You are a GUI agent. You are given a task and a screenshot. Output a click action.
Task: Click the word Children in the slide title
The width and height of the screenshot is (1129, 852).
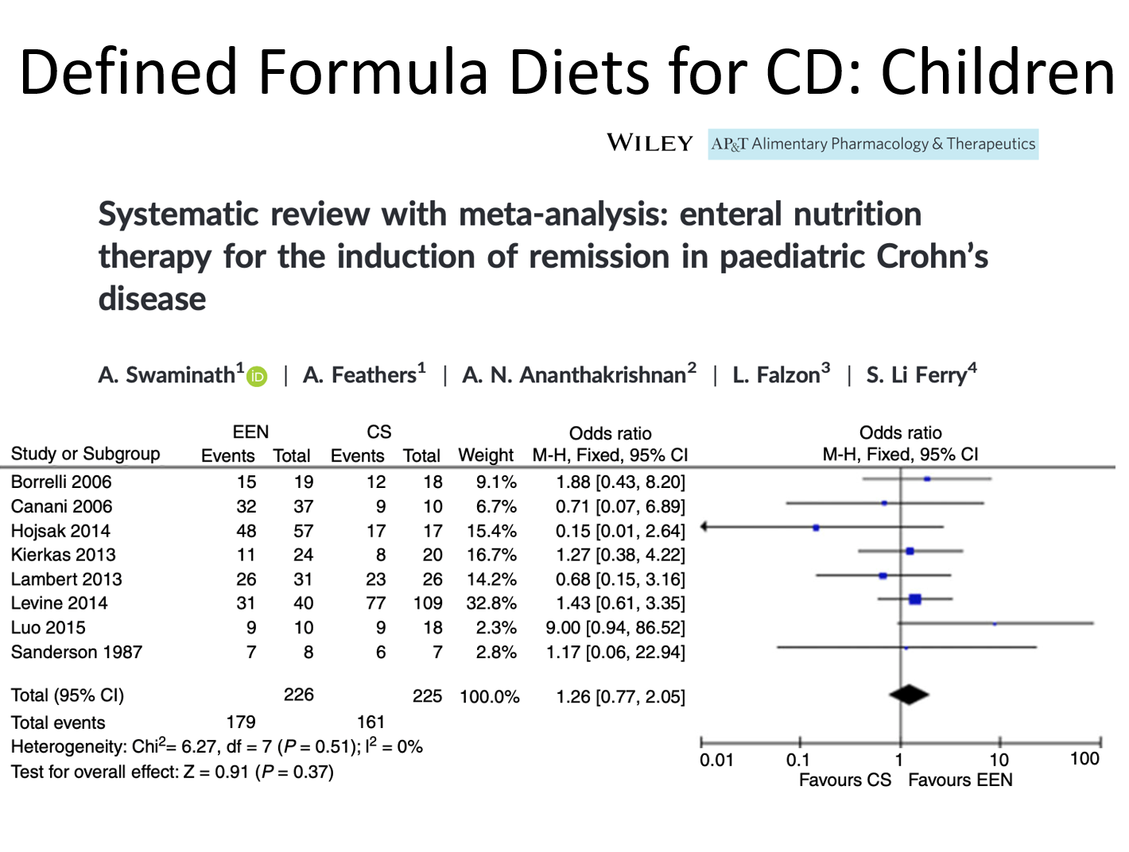(x=999, y=72)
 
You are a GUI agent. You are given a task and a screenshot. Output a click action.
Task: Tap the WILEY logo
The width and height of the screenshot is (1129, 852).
(x=650, y=143)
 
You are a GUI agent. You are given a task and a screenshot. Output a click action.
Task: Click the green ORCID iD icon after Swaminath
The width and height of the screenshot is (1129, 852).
(x=257, y=377)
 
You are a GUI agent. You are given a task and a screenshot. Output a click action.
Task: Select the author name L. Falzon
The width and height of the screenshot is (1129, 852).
(x=781, y=374)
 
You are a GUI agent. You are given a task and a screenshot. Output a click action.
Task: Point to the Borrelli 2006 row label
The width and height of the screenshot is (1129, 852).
(x=61, y=482)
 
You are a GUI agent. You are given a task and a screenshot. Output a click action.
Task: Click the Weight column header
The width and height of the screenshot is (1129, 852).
(x=486, y=455)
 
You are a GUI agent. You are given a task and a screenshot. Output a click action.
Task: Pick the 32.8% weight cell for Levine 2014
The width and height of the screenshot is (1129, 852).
(x=491, y=603)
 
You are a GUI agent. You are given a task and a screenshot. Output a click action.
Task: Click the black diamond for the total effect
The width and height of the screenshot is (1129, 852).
(x=909, y=695)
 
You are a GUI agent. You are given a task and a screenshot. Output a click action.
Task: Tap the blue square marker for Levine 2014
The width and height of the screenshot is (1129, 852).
(x=915, y=598)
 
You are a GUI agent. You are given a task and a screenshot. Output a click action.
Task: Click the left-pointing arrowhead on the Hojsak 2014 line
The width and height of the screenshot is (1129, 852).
(x=704, y=527)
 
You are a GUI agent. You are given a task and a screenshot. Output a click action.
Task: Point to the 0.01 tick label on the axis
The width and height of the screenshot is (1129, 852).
(x=716, y=760)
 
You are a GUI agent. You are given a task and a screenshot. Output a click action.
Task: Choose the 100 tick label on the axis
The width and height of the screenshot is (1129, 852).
(x=1084, y=759)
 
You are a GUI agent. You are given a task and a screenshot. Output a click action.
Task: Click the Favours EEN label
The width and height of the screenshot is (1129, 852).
(x=960, y=780)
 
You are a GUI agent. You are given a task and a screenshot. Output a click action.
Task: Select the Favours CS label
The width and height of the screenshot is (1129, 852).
(x=845, y=780)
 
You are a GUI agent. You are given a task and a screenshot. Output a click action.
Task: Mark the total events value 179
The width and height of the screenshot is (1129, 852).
(x=241, y=722)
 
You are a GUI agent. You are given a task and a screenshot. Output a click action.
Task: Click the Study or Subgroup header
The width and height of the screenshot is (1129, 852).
(x=85, y=454)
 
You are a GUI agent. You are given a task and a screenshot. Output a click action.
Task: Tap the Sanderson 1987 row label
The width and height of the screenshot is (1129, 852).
(x=76, y=653)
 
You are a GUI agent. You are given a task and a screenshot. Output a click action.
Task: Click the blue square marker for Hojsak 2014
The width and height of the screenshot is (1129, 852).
(x=816, y=528)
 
